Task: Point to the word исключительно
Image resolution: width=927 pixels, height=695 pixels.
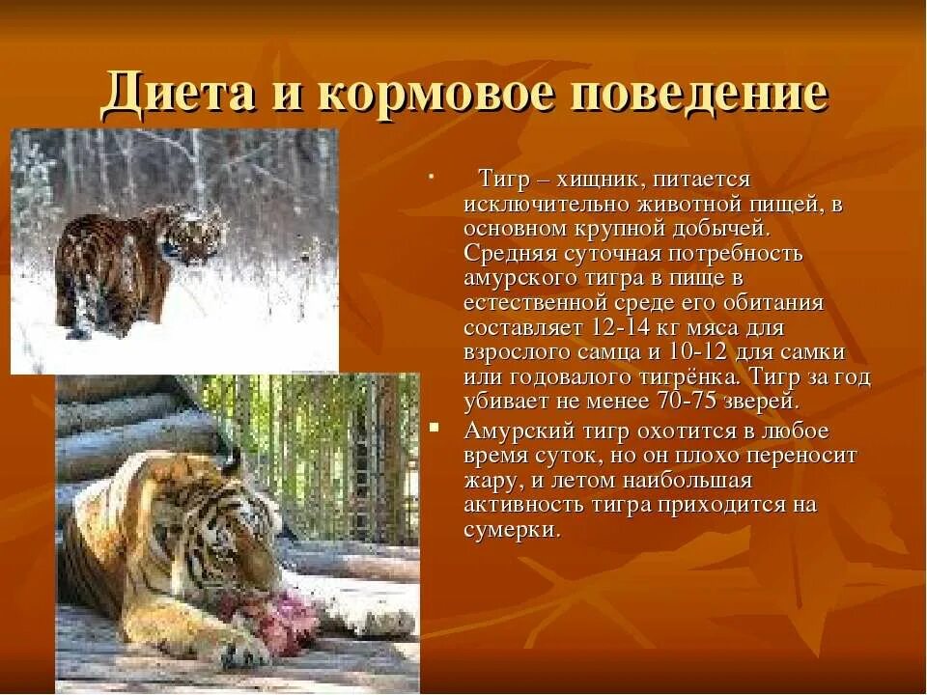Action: tap(546, 205)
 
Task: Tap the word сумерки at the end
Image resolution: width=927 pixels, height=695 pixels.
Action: tap(511, 530)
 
